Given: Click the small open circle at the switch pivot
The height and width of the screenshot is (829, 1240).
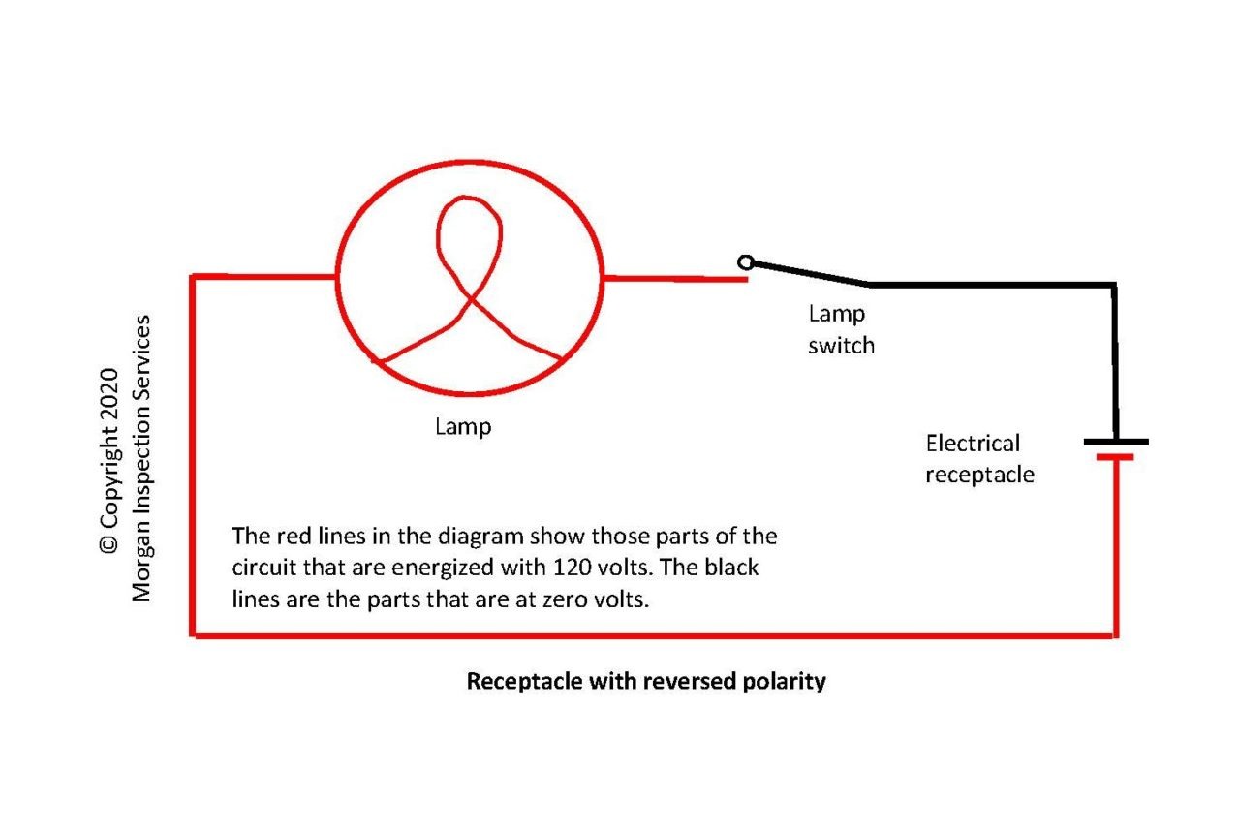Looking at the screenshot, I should click(x=744, y=262).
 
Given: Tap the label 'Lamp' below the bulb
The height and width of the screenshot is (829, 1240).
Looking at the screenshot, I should click(x=463, y=426).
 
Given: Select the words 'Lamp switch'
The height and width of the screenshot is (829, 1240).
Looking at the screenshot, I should click(x=840, y=329).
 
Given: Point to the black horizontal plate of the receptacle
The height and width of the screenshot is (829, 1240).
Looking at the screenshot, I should click(x=1116, y=442).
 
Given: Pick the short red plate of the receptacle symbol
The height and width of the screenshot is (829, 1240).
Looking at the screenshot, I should click(x=1116, y=456).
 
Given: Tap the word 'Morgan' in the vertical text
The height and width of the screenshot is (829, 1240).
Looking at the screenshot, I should click(x=142, y=568).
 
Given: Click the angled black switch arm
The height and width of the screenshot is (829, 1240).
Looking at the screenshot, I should click(x=808, y=273).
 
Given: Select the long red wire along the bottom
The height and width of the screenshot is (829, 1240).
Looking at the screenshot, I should click(x=654, y=635).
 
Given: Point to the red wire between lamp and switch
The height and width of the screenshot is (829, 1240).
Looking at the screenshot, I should click(x=675, y=279).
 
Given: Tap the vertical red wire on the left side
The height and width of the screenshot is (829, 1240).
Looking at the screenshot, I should click(x=194, y=455).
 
